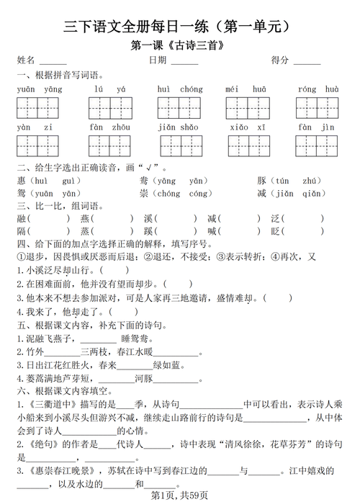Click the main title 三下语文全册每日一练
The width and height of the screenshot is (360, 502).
[180, 27]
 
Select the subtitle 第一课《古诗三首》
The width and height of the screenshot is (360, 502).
[181, 46]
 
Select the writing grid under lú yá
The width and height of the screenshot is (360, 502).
[109, 108]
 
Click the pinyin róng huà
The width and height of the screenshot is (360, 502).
[318, 89]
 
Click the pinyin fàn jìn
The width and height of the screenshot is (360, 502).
[318, 127]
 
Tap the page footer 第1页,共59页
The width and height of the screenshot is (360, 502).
[180, 495]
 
